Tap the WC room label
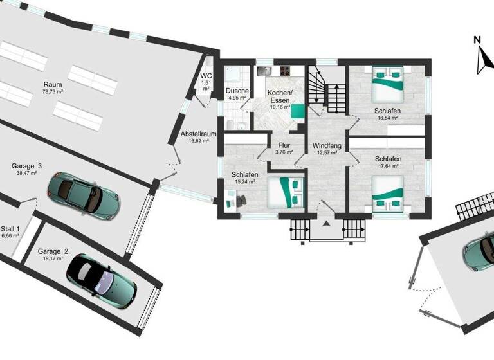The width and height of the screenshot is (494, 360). (x=206, y=76)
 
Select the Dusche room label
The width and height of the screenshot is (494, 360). (x=236, y=91)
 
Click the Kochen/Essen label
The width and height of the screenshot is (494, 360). (x=280, y=96)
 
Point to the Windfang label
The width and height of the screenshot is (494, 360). (x=326, y=145)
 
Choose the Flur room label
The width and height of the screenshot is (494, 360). (x=284, y=145)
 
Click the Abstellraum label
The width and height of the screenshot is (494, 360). (x=198, y=134)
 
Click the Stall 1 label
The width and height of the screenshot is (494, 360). (x=10, y=229)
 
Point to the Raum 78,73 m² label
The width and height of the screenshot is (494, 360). (x=53, y=84)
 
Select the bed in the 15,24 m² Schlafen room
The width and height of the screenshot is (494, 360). (x=284, y=192)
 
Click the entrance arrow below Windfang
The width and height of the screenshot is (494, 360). (x=326, y=224)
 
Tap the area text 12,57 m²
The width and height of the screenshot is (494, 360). (x=326, y=153)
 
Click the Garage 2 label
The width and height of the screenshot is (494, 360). (x=53, y=251)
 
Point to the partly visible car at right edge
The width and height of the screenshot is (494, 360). (x=479, y=251)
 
